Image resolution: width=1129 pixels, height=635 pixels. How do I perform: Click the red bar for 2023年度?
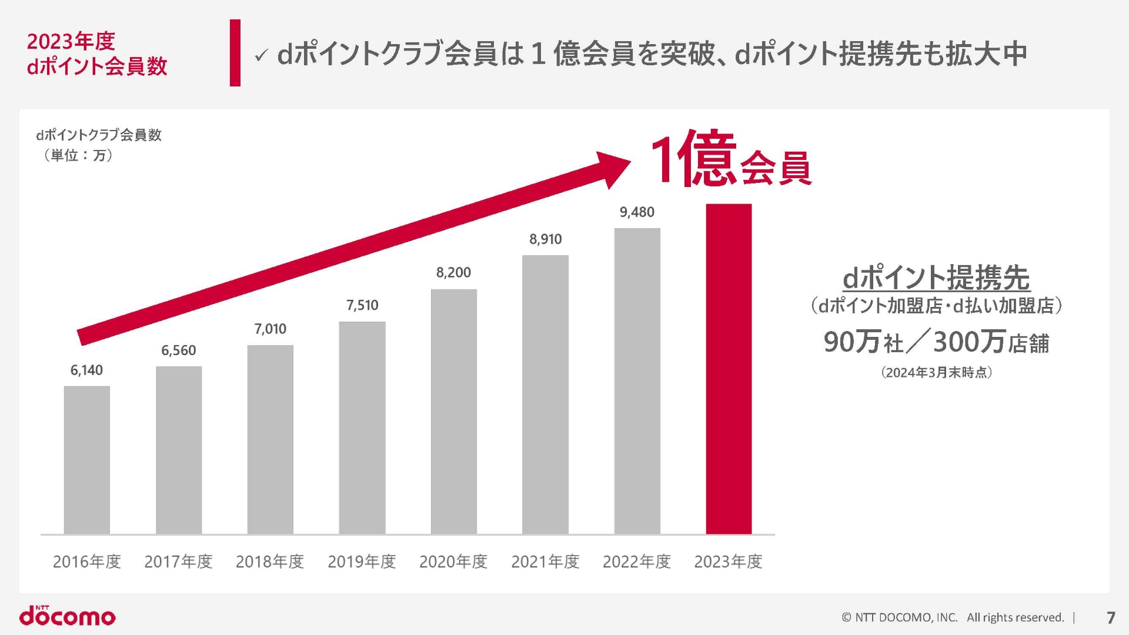pyautogui.click(x=729, y=369)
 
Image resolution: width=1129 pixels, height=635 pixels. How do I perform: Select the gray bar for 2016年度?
pyautogui.click(x=87, y=460)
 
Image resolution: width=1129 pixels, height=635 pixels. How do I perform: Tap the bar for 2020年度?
pyautogui.click(x=453, y=412)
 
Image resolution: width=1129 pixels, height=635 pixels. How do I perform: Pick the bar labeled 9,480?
pyautogui.click(x=637, y=381)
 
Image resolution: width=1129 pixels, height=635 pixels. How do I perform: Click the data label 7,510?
pyautogui.click(x=362, y=305)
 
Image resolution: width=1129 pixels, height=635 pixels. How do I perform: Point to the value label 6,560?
pyautogui.click(x=179, y=350)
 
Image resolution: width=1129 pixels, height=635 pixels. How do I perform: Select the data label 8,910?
pyautogui.click(x=546, y=239)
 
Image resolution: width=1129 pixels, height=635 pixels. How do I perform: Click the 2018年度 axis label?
pyautogui.click(x=270, y=562)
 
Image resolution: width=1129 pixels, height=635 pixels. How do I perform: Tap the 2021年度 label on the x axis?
pyautogui.click(x=545, y=562)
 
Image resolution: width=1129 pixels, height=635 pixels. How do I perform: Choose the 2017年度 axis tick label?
pyautogui.click(x=178, y=562)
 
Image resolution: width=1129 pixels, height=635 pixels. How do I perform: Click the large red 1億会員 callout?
pyautogui.click(x=731, y=159)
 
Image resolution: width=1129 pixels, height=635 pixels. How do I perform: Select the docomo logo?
pyautogui.click(x=68, y=616)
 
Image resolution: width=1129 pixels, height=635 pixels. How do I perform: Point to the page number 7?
pyautogui.click(x=1111, y=617)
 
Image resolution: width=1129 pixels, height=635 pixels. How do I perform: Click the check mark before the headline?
pyautogui.click(x=261, y=56)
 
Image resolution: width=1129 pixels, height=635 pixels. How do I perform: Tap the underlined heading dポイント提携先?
pyautogui.click(x=936, y=278)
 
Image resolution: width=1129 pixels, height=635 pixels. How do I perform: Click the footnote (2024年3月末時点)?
pyautogui.click(x=937, y=372)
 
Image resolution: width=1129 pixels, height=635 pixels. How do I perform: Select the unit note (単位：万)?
pyautogui.click(x=78, y=155)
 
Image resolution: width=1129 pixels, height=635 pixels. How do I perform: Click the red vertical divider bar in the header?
pyautogui.click(x=235, y=53)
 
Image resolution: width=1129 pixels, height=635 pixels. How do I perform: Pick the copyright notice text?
pyautogui.click(x=953, y=617)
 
